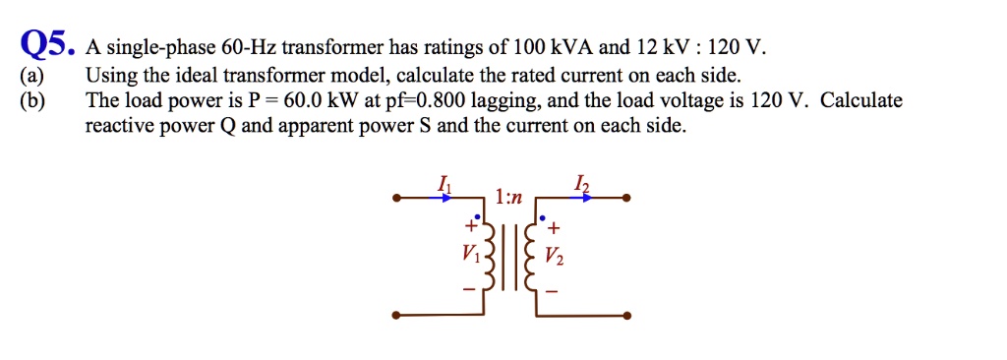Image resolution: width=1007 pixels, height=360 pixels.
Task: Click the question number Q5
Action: point(46,43)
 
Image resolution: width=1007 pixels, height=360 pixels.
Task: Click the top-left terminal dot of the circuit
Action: point(395,198)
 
